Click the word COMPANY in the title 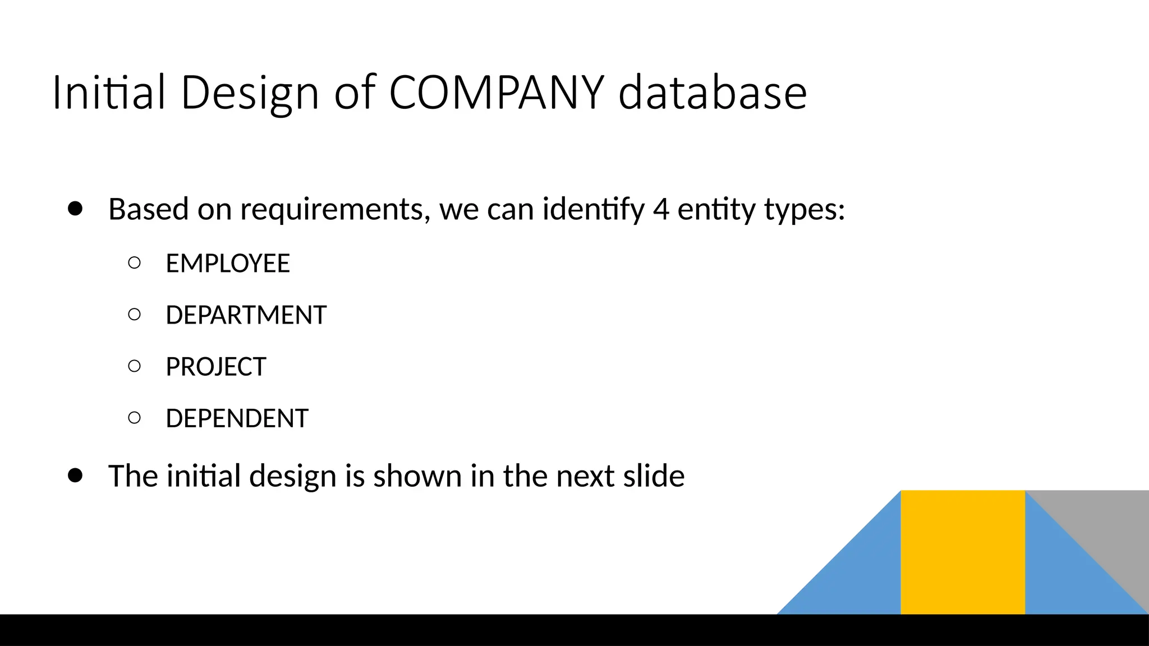click(x=497, y=93)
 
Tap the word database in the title click(x=713, y=93)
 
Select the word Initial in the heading click(x=109, y=93)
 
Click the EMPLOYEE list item click(x=228, y=264)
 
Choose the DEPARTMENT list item click(x=246, y=315)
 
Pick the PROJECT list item click(x=215, y=367)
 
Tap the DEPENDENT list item click(x=237, y=418)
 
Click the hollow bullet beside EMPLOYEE click(x=134, y=262)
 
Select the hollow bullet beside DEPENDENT click(x=134, y=417)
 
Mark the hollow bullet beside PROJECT click(x=134, y=366)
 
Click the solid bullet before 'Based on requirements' click(x=75, y=209)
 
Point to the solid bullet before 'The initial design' click(x=75, y=476)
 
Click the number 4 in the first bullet click(x=661, y=209)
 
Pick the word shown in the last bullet click(x=417, y=476)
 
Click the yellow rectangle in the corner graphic click(x=963, y=552)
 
